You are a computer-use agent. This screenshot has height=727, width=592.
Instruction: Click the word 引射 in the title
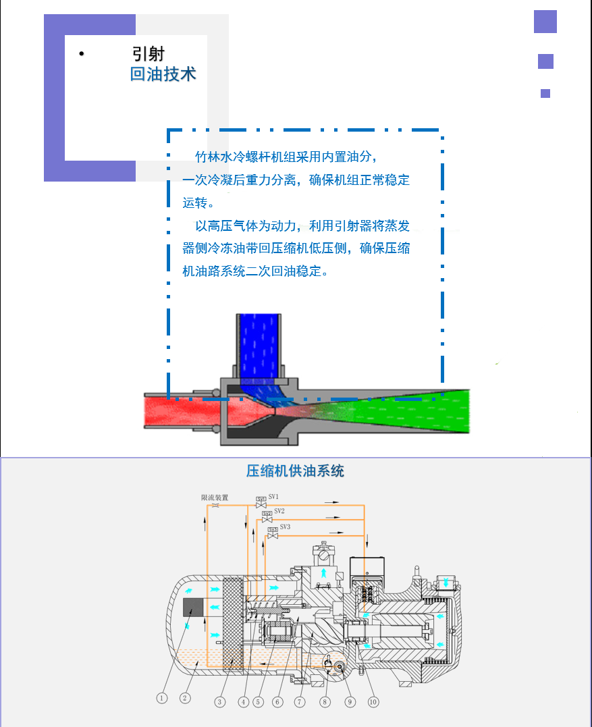point(149,54)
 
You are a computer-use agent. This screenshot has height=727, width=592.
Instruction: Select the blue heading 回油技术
point(163,74)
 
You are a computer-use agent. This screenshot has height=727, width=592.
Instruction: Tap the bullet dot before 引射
point(81,54)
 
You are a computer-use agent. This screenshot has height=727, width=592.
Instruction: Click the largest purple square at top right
point(545,22)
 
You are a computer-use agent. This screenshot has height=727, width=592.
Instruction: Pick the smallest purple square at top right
point(545,94)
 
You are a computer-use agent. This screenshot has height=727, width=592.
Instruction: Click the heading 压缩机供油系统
point(295,470)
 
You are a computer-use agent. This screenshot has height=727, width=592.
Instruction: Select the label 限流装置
point(215,497)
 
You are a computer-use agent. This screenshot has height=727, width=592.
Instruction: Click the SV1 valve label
point(273,496)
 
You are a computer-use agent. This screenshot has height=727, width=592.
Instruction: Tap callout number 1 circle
point(162,699)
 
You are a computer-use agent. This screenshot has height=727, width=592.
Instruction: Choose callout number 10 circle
point(373,701)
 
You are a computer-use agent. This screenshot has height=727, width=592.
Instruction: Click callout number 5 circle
point(258,701)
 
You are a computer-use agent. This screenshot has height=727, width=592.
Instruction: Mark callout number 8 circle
point(325,701)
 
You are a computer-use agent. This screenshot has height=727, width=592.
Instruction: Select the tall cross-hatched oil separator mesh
point(232,624)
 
